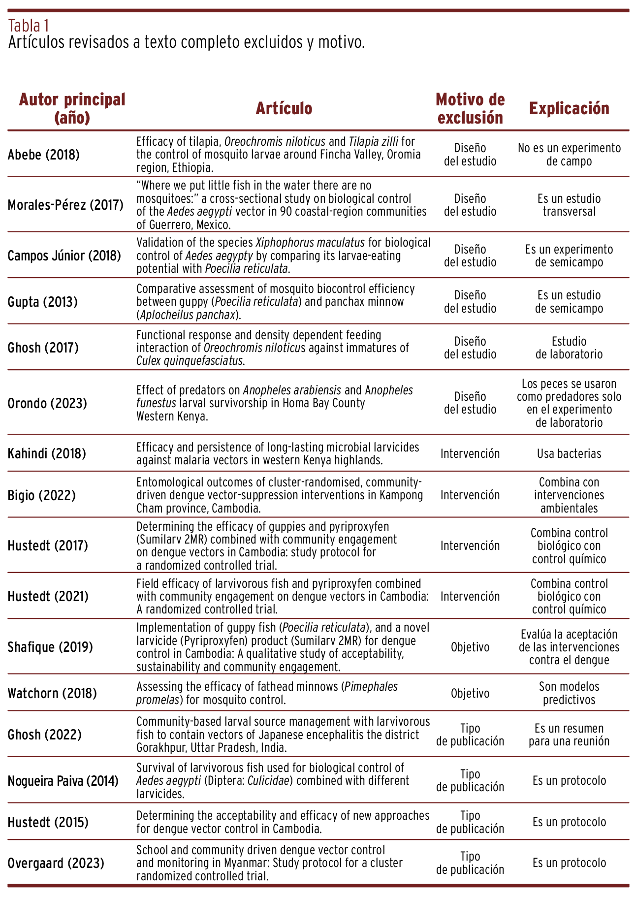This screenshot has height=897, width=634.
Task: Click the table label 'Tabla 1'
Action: pos(29,25)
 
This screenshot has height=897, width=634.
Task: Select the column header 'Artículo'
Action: pos(284,108)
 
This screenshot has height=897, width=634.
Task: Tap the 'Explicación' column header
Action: pos(569,108)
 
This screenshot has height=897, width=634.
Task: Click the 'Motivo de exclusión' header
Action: pos(470,108)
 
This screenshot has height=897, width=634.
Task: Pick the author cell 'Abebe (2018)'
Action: pos(43,155)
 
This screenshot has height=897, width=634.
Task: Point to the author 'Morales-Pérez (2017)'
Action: pos(65,205)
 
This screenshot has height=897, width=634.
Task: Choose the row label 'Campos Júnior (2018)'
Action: pos(64,256)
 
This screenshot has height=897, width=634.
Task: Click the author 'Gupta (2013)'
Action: pos(43,302)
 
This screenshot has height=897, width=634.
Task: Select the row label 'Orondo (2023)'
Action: pos(47,403)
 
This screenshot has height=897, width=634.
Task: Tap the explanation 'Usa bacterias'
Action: pos(569,453)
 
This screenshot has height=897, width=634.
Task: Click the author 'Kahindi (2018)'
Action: pos(47,453)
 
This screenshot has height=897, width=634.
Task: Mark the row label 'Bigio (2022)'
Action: pos(42,495)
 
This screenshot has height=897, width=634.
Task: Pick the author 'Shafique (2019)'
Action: pos(50,646)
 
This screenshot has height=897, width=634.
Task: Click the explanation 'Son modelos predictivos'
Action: pos(569,693)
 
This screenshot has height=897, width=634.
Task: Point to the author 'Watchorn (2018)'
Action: pos(52,693)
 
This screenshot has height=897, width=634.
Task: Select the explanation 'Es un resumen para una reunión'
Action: pos(569,735)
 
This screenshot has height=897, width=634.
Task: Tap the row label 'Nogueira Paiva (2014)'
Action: pos(63,780)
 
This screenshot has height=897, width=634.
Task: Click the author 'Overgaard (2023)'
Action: pos(56,863)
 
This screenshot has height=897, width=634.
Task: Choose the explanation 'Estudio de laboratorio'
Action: pos(569,348)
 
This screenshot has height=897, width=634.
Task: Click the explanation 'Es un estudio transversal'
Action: pos(569,205)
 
